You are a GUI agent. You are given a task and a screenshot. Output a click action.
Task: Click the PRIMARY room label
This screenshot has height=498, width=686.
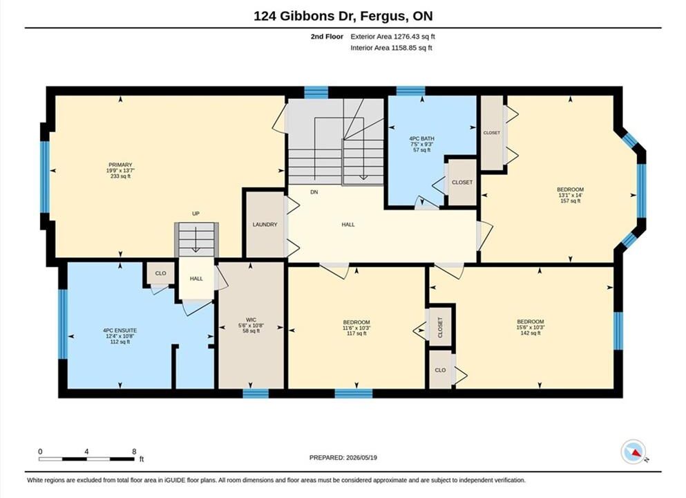pos(120,165)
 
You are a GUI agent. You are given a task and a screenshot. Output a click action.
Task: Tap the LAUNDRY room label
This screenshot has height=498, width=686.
pos(265,225)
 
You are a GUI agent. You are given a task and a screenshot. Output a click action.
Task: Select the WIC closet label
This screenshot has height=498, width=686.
pos(251,320)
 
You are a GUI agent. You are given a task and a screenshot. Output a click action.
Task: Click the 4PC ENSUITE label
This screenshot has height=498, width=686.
pos(120,331)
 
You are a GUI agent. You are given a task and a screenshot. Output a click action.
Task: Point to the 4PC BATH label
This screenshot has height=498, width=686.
pos(421,139)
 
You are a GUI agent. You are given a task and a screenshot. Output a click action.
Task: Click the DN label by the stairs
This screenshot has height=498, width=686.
pos(314,192)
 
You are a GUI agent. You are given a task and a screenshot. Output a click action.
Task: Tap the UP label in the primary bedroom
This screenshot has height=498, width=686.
pos(196,214)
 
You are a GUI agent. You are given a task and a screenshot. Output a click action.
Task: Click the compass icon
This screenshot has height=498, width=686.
pos(633,452)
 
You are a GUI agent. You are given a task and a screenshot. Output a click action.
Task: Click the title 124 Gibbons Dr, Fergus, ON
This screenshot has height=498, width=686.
pos(343,16)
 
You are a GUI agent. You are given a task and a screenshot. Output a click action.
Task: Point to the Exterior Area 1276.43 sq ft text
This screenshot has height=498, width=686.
pos(392,37)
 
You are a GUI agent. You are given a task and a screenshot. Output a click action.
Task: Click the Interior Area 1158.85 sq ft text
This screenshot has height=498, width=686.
pos(391,48)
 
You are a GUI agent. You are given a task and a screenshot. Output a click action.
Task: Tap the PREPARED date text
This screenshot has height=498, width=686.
pos(343,458)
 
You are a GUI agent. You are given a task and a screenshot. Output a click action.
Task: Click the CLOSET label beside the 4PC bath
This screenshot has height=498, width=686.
pos(462,182)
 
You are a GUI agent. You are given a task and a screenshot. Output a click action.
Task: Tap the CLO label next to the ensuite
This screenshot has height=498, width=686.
pos(160,273)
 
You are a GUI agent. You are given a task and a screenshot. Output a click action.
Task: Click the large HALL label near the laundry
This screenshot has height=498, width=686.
pos(348,225)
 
